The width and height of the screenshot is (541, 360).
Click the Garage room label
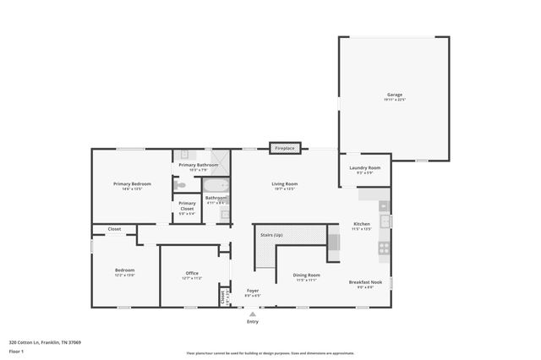pos(395,95)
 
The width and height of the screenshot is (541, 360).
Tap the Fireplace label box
pos(284,149)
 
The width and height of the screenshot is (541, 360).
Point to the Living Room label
pos(284,183)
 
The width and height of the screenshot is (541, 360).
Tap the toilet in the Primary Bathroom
pos(179,184)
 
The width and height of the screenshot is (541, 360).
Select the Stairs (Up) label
pos(271,233)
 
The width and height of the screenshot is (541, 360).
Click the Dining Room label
pos(306,275)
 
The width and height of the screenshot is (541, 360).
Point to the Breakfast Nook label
pos(365,281)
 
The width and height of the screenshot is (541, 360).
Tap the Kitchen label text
pos(361,225)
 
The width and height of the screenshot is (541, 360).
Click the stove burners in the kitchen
pos(383,248)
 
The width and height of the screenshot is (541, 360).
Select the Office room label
pos(192,273)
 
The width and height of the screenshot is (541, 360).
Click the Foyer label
pos(252,291)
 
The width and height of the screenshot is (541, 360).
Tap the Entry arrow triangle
pos(252,314)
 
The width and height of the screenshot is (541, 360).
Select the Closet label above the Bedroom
pos(114,229)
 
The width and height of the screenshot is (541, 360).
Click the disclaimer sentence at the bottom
pos(270,353)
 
